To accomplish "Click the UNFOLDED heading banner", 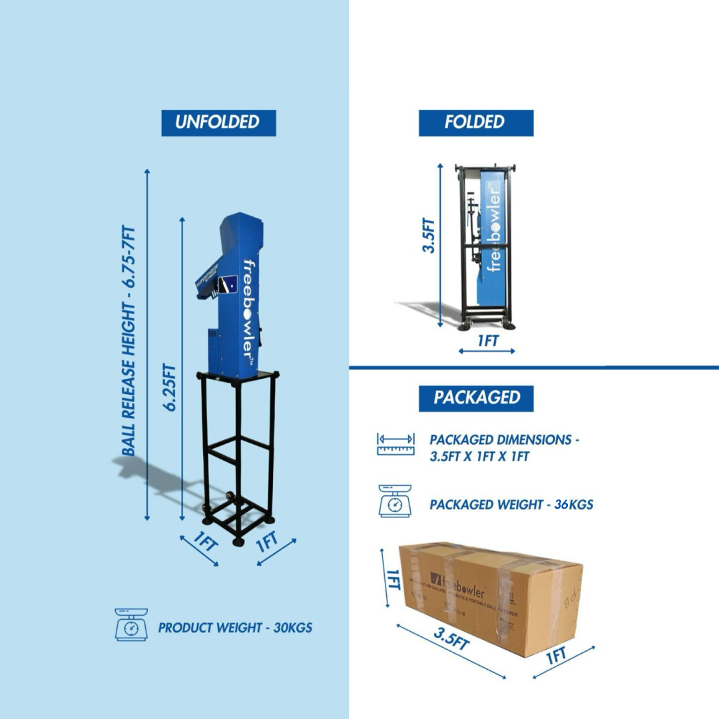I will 218,122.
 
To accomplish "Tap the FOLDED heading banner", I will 475,122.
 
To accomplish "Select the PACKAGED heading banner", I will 475,398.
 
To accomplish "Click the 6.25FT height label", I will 171,386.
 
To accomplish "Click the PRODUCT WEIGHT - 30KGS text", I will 235,627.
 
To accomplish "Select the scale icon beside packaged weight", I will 394,501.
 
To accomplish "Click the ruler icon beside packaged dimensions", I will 395,444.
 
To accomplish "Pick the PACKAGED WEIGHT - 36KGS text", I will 511,505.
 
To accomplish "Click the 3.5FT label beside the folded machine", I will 431,236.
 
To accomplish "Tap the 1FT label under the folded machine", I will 487,341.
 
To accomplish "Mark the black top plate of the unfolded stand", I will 238,375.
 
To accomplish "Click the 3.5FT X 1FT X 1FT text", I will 479,457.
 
